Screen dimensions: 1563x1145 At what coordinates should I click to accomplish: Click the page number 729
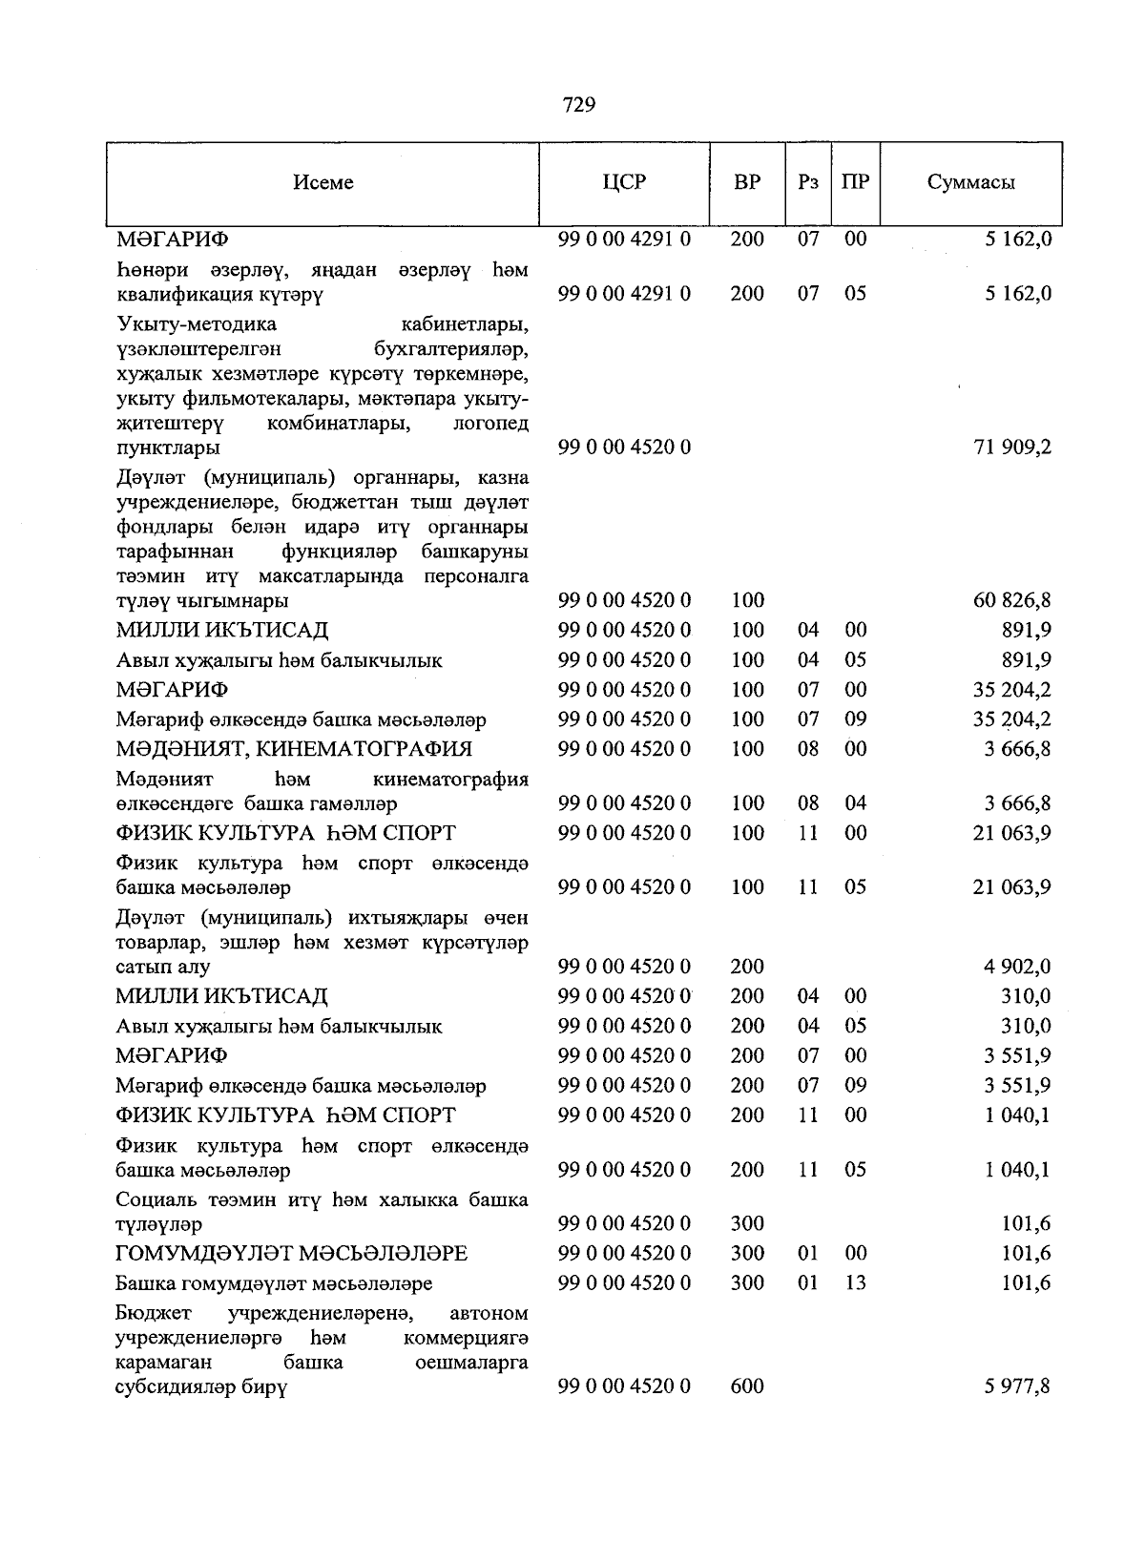[x=579, y=105]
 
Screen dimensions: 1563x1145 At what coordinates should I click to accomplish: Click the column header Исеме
[x=323, y=182]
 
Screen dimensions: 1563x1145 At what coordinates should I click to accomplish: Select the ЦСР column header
[x=624, y=182]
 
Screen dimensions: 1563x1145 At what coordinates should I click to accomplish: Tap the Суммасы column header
[x=970, y=182]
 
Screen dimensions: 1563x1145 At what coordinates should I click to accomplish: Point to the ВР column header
[x=747, y=182]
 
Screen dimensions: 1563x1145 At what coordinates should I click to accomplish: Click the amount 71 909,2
[x=1011, y=447]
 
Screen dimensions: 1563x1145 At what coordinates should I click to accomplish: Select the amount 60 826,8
[x=1011, y=600]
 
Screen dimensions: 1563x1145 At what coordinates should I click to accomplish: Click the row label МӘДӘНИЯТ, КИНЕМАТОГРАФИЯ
[x=294, y=749]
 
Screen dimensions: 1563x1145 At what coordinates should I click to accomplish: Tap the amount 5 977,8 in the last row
[x=1017, y=1386]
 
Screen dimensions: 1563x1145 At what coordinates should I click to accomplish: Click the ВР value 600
[x=747, y=1386]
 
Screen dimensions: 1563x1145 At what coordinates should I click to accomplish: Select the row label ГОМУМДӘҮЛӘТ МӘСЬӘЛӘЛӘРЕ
[x=292, y=1253]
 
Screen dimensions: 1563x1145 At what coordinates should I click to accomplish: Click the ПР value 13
[x=856, y=1282]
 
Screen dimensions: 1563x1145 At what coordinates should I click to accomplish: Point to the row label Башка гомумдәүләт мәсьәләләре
[x=274, y=1283]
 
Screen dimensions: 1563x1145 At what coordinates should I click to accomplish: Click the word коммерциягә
[x=466, y=1338]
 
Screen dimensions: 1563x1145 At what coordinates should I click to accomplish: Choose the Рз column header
[x=807, y=182]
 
